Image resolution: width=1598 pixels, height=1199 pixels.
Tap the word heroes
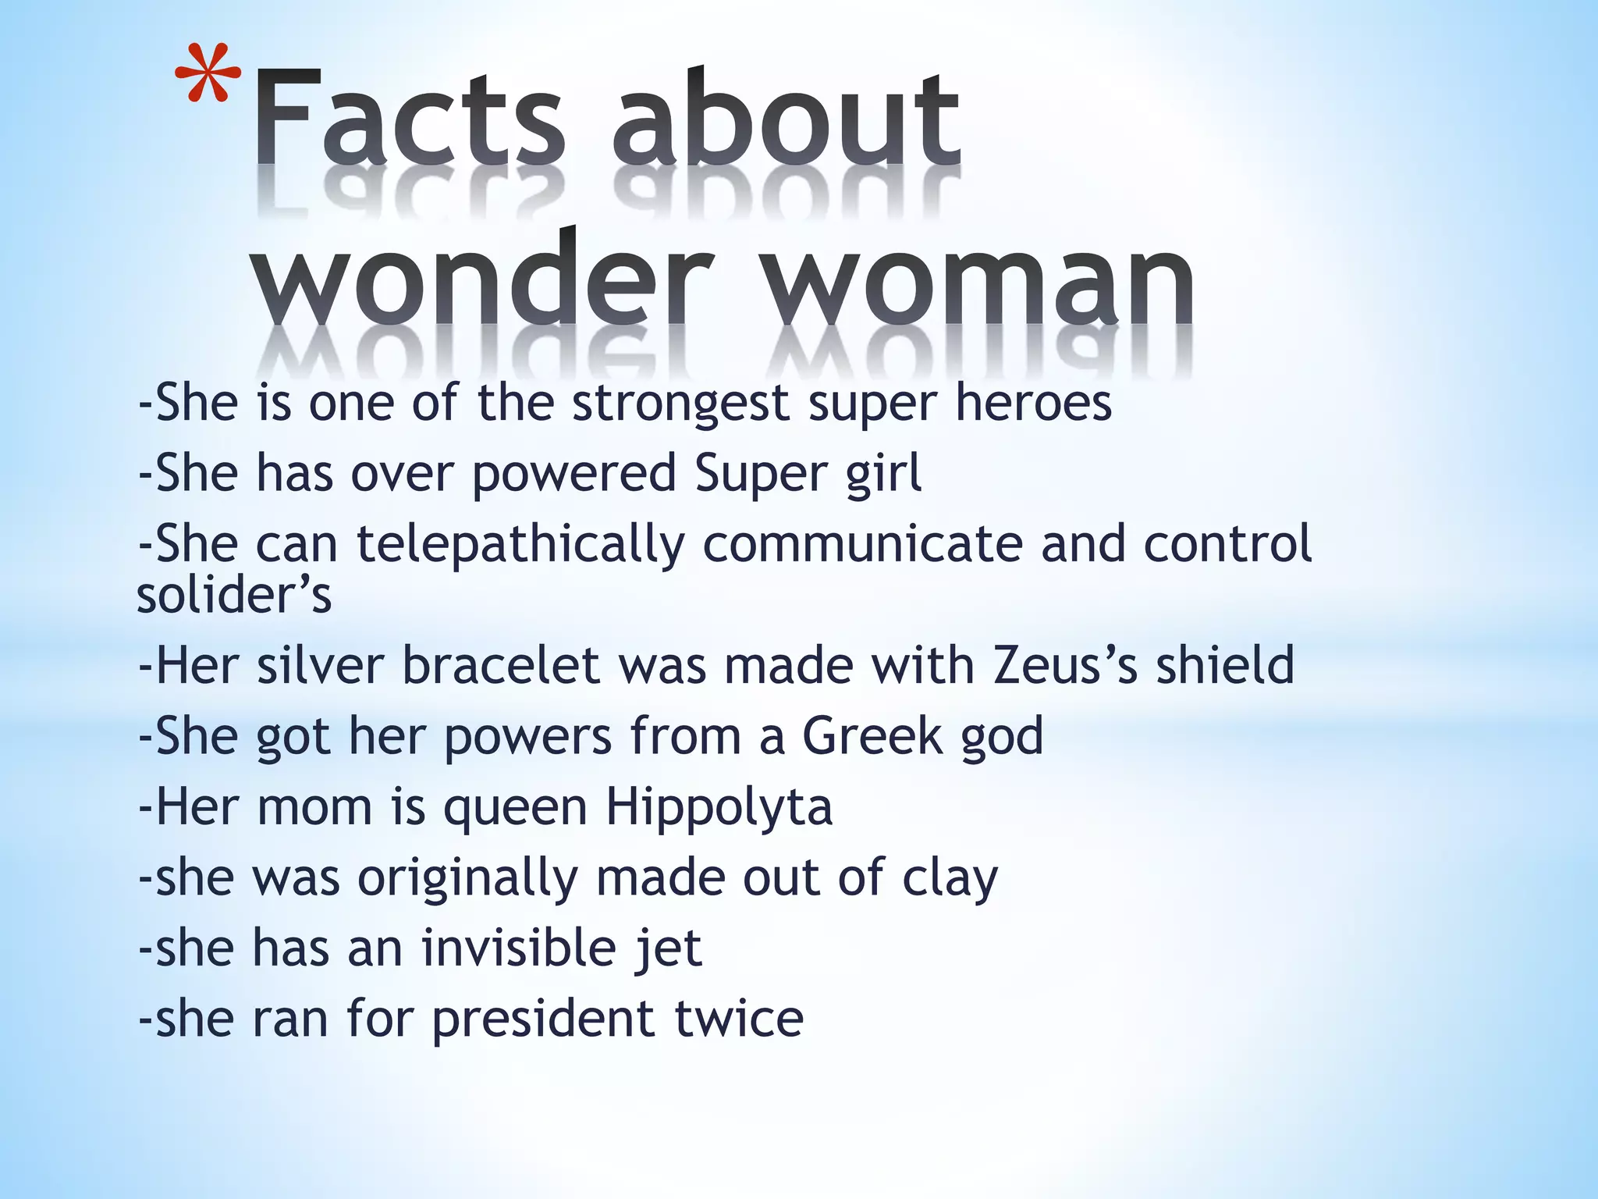click(1034, 403)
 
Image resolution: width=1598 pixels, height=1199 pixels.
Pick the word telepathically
click(520, 544)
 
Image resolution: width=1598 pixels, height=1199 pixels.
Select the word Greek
click(872, 736)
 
